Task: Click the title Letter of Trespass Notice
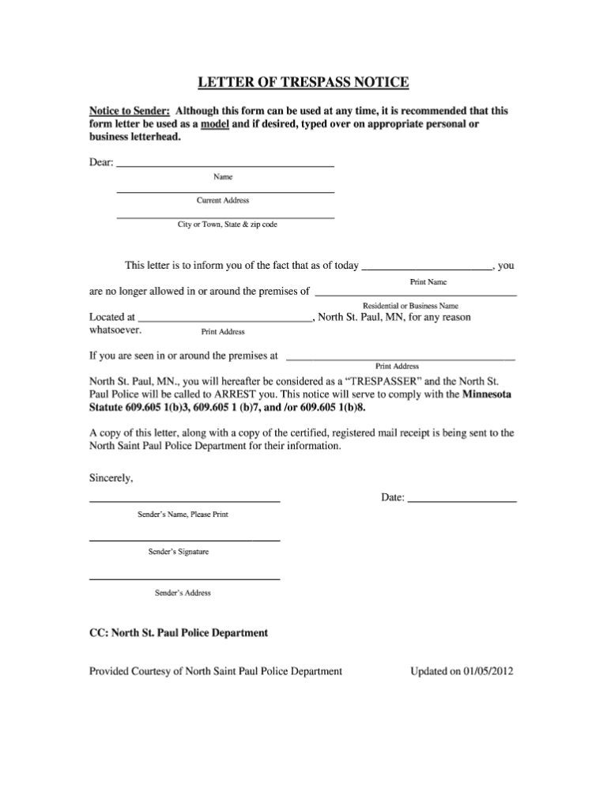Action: pos(303,82)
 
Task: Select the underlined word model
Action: pos(215,124)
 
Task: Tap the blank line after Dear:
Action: pos(225,164)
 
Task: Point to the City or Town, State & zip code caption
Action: pos(227,225)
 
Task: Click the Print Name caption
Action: pos(428,281)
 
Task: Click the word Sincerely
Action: pos(111,478)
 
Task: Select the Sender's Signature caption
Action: pos(179,552)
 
